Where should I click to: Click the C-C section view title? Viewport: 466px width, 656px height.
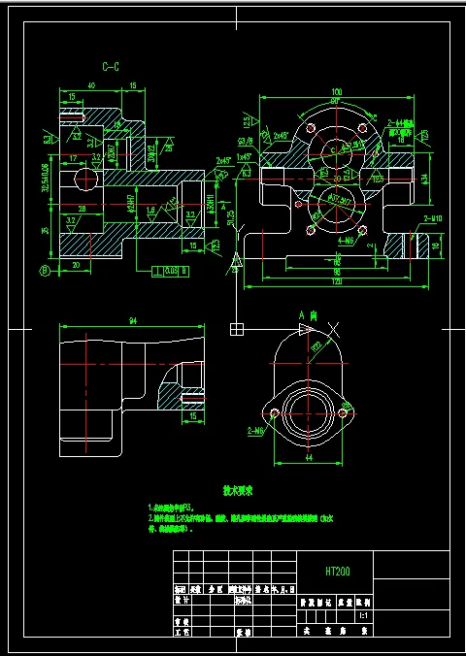[111, 67]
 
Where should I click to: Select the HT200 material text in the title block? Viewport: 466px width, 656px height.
[338, 572]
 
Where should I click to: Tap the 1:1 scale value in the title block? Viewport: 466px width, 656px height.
[363, 615]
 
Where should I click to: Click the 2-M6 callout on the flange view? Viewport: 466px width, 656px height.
[257, 428]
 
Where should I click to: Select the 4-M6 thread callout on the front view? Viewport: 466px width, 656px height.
[344, 239]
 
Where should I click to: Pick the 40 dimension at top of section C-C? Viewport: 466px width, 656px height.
[90, 86]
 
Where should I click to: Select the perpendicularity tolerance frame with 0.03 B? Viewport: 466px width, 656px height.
[161, 271]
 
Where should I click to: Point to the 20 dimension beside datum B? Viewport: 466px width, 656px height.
[77, 263]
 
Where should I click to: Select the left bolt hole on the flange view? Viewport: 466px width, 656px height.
[275, 414]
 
